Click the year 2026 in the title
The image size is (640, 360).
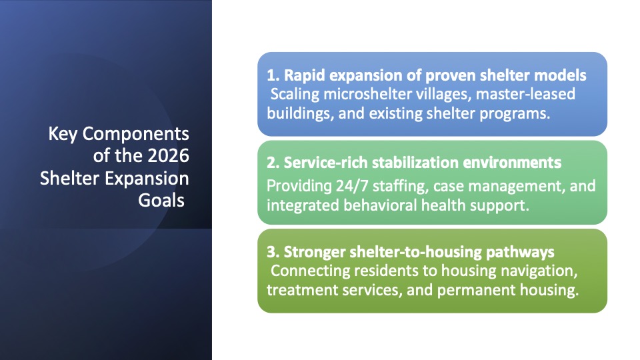coord(168,155)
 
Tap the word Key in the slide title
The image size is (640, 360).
coord(63,134)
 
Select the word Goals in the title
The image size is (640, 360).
coord(161,200)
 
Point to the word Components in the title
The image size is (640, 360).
coord(136,134)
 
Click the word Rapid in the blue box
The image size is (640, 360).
coord(304,75)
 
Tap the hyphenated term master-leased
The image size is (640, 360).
coord(525,94)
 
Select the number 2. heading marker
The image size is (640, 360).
coord(273,163)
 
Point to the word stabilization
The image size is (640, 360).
coord(415,163)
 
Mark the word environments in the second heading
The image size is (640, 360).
coord(512,163)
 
